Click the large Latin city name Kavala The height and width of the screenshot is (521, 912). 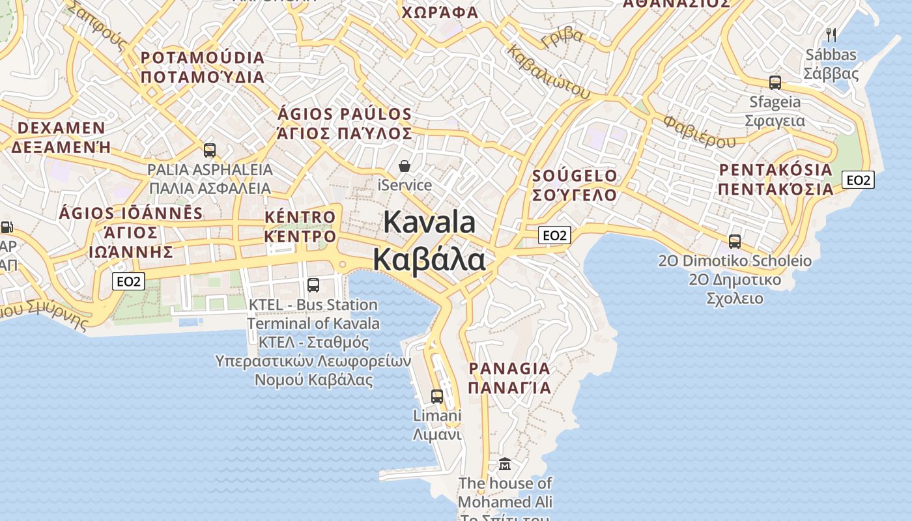coord(429,223)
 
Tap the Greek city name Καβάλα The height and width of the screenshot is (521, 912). coord(429,260)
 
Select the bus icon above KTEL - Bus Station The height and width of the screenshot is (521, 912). coord(313,285)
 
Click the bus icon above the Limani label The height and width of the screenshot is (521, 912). coord(437,396)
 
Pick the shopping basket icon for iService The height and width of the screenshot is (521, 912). coord(405,166)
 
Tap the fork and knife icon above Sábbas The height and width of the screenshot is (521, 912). coord(831,35)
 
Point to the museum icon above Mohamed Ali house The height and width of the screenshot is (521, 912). coord(505,464)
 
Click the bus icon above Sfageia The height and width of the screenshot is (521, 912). coord(775,83)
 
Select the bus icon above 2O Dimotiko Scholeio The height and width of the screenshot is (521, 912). coord(735,242)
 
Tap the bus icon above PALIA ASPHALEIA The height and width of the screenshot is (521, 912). coord(210,150)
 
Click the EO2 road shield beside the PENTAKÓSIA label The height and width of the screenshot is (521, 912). coord(857,180)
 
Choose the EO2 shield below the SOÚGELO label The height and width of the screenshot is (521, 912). coord(554,235)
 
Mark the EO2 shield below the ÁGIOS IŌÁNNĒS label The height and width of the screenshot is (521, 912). coord(128,281)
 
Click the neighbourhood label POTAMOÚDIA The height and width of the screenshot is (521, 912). coord(203,58)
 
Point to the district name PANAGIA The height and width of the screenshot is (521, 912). coord(509,369)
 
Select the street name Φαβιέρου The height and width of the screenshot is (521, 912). coord(700,131)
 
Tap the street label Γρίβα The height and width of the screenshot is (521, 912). coord(562,38)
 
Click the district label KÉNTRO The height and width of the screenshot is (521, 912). coord(300,217)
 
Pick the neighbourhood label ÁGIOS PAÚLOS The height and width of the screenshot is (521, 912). coord(345,115)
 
